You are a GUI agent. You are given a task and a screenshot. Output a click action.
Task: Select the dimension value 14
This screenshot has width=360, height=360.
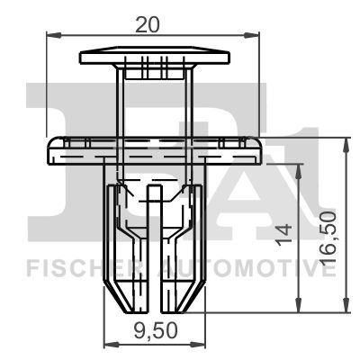point(283,235)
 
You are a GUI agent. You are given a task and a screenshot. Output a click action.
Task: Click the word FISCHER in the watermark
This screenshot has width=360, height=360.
point(76,267)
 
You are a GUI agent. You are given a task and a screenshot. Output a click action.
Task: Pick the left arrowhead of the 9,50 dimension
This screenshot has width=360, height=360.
point(109,343)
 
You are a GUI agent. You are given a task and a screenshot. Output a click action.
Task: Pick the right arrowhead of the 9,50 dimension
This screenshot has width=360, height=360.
point(199,343)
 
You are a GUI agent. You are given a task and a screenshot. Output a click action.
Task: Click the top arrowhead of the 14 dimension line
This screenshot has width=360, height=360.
point(296,167)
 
